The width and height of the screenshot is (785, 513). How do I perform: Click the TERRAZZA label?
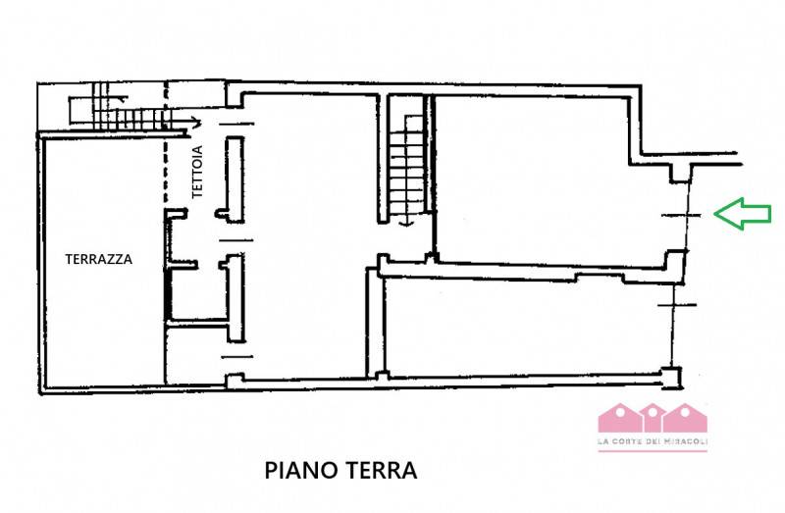coord(99,259)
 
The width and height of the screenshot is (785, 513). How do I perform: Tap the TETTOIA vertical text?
coord(198,172)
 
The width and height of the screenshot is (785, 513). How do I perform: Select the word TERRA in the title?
coord(381,471)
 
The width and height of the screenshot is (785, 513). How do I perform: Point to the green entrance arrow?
coord(742,214)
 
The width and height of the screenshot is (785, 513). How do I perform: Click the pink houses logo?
coord(653,418)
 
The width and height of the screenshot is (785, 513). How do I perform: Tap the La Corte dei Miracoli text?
coord(653,441)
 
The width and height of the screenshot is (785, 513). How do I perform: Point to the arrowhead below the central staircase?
coord(407,224)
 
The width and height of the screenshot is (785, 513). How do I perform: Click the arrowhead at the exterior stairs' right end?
coord(197,122)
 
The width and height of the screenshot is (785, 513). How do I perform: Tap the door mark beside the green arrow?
coord(681,215)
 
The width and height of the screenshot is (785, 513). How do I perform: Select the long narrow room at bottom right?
coord(526,328)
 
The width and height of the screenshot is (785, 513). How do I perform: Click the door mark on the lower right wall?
coord(676,304)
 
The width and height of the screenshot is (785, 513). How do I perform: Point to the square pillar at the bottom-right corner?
coord(672,378)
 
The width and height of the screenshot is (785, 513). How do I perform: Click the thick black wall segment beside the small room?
coord(169,294)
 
